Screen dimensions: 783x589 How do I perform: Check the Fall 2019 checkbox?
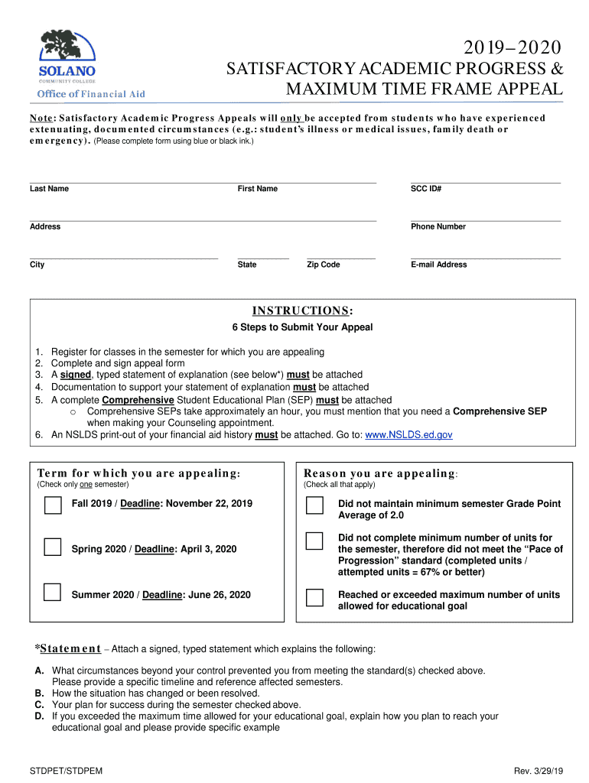coord(53,505)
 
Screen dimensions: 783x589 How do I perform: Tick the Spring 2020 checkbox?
coord(53,547)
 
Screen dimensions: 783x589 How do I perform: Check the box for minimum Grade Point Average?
coord(314,505)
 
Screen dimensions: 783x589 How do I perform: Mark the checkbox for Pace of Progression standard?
coord(314,541)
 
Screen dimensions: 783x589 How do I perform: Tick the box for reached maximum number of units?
coord(314,596)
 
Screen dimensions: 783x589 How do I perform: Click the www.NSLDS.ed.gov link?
coord(408,434)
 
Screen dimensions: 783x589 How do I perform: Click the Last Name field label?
coord(49,189)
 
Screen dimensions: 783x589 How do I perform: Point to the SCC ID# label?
coord(426,189)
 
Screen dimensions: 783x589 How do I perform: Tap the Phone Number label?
coord(438,226)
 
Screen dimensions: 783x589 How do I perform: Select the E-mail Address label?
coord(438,265)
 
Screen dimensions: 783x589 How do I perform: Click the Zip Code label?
coord(324,265)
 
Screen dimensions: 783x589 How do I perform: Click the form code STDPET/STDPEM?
coord(66,771)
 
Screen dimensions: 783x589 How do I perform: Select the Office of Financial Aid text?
coord(92,94)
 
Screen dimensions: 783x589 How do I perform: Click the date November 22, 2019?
coord(209,504)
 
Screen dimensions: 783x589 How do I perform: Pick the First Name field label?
coord(258,189)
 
